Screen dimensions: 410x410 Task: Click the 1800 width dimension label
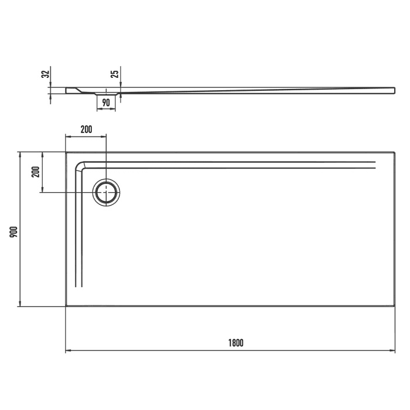[x=236, y=343]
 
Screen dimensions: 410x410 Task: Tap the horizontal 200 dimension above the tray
[x=86, y=129]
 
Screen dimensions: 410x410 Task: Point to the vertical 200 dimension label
[x=35, y=172]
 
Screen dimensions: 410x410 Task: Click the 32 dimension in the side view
[x=45, y=74]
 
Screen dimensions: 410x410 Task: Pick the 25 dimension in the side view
[x=115, y=74]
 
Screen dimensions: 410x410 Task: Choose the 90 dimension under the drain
[x=106, y=103]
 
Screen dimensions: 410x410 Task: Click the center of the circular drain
[x=107, y=192]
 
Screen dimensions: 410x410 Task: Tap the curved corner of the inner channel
[x=83, y=166]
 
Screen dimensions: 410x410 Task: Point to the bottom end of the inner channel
[x=80, y=286]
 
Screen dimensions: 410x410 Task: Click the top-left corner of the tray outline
[x=66, y=152]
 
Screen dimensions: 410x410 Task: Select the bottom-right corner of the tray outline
[x=395, y=306]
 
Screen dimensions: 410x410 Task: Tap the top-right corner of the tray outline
[x=395, y=152]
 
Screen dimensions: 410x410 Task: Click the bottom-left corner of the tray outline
[x=66, y=306]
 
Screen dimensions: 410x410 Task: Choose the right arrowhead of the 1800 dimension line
[x=394, y=351]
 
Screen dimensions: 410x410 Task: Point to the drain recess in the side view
[x=107, y=93]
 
